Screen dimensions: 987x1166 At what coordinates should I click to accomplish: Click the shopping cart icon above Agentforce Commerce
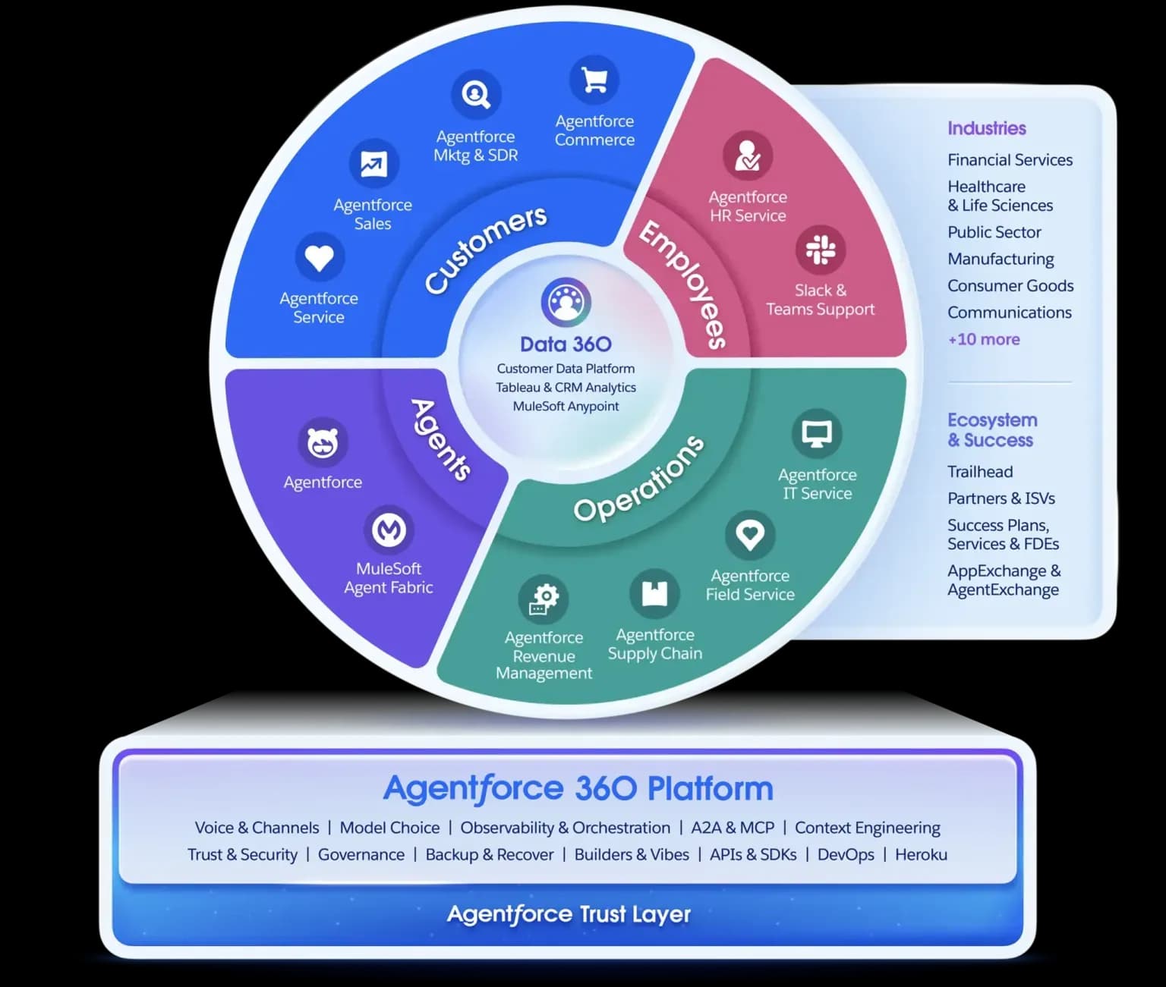click(x=594, y=80)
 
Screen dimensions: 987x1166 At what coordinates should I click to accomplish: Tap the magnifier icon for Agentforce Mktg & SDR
click(x=476, y=95)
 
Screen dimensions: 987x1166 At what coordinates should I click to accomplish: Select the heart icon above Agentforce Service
click(x=319, y=257)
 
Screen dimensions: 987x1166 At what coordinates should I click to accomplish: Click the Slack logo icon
click(x=820, y=250)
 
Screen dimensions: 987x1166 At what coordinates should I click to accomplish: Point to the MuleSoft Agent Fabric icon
click(x=389, y=530)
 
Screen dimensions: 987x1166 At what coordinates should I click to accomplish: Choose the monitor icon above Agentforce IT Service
click(x=817, y=434)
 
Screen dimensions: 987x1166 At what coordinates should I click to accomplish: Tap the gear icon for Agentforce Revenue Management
click(x=544, y=598)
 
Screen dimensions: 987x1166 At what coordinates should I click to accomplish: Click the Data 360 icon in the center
click(x=566, y=302)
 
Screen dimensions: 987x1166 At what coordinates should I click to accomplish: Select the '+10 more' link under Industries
click(x=984, y=339)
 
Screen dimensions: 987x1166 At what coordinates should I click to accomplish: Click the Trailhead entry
click(x=980, y=472)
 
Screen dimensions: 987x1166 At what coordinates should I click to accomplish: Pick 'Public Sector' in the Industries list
click(x=994, y=232)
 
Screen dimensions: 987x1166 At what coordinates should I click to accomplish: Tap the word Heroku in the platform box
click(x=921, y=854)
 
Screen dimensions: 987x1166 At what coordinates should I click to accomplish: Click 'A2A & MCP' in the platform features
click(x=733, y=828)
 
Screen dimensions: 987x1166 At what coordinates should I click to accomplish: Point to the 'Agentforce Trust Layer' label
click(x=569, y=914)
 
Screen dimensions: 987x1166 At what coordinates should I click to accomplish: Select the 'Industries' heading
click(x=986, y=128)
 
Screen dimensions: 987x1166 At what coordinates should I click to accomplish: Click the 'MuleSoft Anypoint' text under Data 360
click(x=566, y=406)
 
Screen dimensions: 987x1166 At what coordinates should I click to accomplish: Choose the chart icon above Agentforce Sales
click(x=373, y=164)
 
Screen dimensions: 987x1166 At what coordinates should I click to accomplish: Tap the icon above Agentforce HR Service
click(x=748, y=155)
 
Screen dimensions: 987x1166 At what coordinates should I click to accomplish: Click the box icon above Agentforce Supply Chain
click(x=654, y=593)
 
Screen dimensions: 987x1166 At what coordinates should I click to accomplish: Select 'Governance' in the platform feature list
click(x=361, y=854)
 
